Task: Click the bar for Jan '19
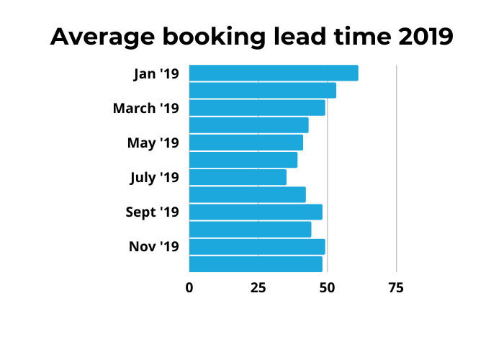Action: [x=274, y=73]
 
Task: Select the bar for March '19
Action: [x=257, y=108]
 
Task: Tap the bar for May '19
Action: [x=246, y=143]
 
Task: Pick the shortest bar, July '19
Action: [x=238, y=177]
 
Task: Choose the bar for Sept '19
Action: [x=256, y=212]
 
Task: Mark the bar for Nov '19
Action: [x=257, y=247]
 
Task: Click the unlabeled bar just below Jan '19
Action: [x=263, y=91]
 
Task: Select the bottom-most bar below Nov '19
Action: [x=256, y=264]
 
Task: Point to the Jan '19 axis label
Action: [x=156, y=73]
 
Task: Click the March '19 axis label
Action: [x=145, y=109]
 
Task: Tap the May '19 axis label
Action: [x=153, y=143]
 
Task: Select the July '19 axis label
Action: [x=154, y=178]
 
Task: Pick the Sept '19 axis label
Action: [x=151, y=212]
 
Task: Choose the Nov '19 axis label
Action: [x=153, y=247]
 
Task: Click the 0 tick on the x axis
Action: [x=189, y=288]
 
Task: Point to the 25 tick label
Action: [x=258, y=288]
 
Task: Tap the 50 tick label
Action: [x=327, y=288]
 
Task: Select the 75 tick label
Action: [x=396, y=288]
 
